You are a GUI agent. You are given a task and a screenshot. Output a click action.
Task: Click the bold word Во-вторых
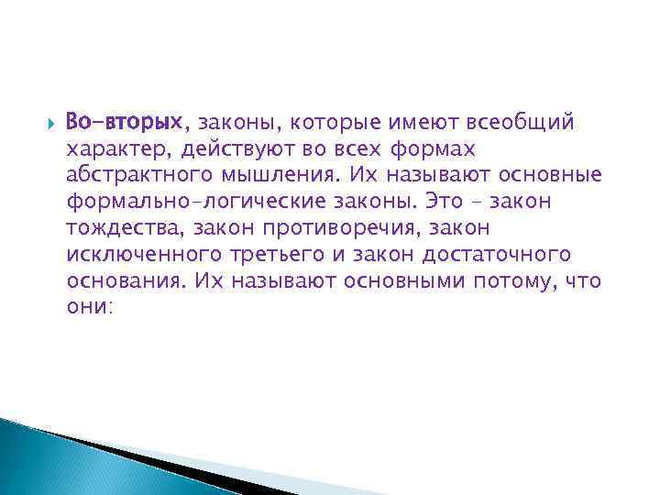point(124,122)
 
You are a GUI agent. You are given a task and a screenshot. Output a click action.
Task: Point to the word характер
point(117,148)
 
